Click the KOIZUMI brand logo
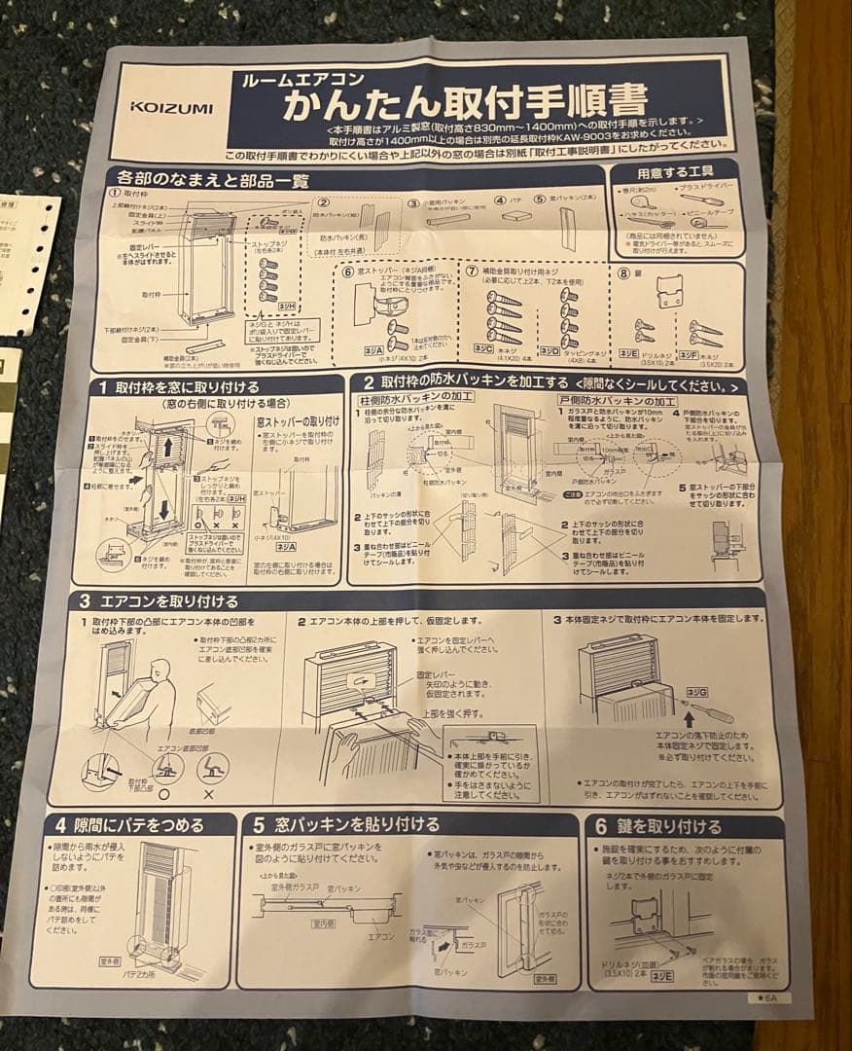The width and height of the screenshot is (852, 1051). pos(173,108)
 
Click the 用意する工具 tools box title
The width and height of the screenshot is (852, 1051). pos(674,172)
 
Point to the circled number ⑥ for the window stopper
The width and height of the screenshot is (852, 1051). pos(348,272)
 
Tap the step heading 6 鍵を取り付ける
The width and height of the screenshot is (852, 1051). pos(658,827)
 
